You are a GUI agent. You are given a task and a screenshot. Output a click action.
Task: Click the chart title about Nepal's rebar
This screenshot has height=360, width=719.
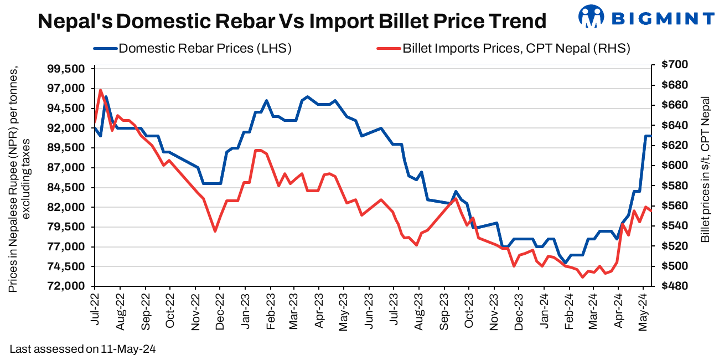(292, 21)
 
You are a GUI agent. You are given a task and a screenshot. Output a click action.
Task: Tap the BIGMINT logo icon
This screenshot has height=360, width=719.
(591, 17)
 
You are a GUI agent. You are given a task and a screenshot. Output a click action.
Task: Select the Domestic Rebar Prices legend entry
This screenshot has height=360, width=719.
(205, 49)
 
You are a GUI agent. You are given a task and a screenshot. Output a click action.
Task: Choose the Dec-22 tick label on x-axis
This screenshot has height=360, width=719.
(220, 312)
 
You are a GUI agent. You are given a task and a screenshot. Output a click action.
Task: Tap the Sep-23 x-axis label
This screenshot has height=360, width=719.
(444, 312)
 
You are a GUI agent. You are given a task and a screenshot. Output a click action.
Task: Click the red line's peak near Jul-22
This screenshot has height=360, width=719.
(100, 90)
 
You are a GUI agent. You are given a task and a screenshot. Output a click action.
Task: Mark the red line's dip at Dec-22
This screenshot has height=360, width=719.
(215, 231)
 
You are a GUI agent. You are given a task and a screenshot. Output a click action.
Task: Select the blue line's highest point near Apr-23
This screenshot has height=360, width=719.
(308, 96)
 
